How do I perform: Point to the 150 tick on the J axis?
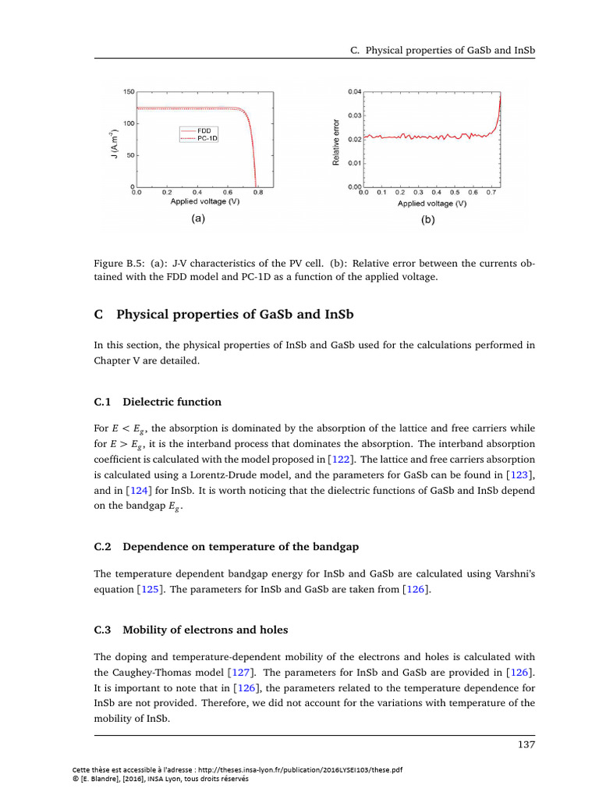click(x=128, y=92)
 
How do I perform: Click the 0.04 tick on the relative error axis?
click(x=355, y=92)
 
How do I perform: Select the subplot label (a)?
click(x=197, y=219)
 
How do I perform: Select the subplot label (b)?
click(x=428, y=220)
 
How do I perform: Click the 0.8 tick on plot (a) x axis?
click(x=258, y=192)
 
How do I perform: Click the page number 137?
click(x=526, y=745)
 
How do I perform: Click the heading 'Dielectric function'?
click(x=172, y=402)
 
